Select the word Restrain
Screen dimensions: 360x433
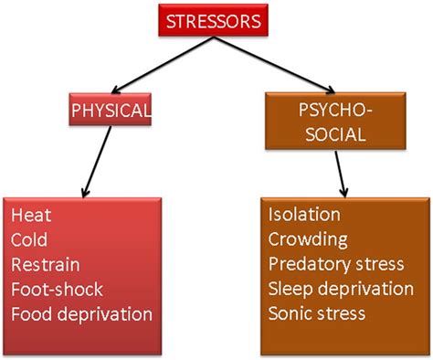click(46, 265)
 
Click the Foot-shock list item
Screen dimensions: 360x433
click(57, 289)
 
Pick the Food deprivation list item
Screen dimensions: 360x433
click(81, 313)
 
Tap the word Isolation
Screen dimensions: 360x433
click(305, 216)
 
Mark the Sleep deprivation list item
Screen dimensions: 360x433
click(341, 289)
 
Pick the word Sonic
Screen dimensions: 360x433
click(290, 313)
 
